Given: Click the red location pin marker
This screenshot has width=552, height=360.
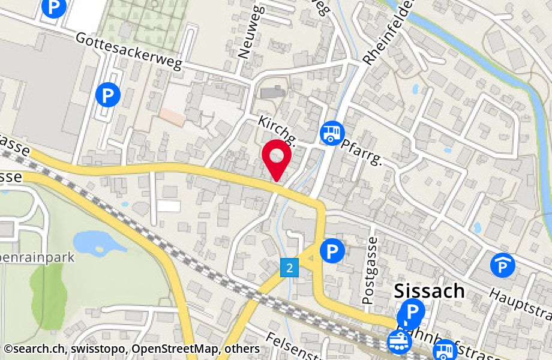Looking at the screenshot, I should point(277,157).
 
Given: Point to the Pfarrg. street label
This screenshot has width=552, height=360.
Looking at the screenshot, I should point(362,152).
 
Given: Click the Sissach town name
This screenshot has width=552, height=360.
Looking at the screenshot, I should point(429,291).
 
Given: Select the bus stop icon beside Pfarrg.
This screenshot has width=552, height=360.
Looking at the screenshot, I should point(332,133).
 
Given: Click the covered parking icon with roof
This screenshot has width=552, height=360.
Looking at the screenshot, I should point(502,265).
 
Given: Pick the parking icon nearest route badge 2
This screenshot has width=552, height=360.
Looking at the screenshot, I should point(332,251).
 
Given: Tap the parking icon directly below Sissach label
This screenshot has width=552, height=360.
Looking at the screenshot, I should point(412,311).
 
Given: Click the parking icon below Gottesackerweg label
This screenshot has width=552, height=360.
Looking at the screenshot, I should point(108,94).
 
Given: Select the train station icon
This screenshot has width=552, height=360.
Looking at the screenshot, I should point(400,341).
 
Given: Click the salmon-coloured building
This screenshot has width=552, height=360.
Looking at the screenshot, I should point(172,116).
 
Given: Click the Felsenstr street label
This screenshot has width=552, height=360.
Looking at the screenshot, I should point(297,346).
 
